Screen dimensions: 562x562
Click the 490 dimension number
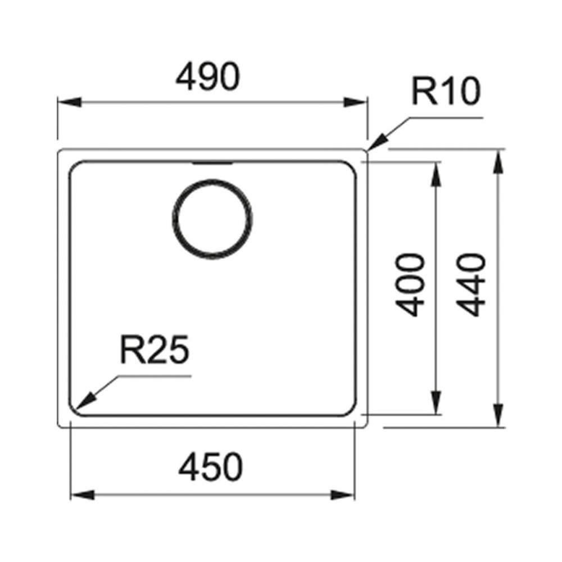(207, 77)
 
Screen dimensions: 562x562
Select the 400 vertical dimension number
(410, 285)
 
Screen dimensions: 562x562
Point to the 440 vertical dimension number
(472, 285)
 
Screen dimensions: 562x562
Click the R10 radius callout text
(446, 91)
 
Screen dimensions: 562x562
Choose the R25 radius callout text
(155, 349)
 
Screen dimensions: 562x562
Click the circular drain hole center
(212, 219)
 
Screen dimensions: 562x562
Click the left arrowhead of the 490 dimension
(69, 102)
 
